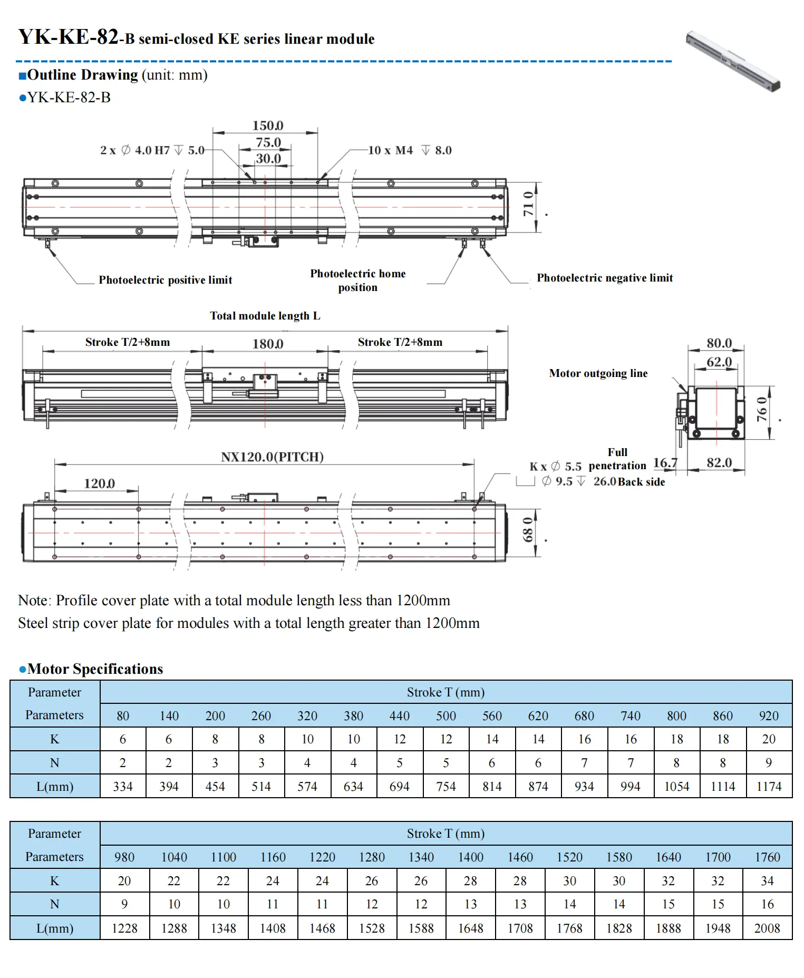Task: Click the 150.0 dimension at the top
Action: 268,125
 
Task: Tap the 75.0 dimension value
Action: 268,142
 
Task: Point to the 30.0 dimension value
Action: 268,158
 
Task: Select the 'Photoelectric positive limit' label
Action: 165,280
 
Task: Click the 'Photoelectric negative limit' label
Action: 604,278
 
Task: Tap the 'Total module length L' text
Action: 265,316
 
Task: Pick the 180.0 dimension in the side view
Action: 268,344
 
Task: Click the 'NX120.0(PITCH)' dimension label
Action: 272,457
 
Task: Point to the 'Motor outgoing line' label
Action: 598,373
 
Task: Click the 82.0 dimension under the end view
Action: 719,462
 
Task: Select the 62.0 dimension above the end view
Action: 719,362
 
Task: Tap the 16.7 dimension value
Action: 665,462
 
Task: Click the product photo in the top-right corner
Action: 733,61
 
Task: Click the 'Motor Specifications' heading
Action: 95,669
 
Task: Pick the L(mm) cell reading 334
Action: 123,787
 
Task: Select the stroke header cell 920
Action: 769,715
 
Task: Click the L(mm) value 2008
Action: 767,928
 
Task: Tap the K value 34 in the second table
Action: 767,881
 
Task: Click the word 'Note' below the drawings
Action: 34,601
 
